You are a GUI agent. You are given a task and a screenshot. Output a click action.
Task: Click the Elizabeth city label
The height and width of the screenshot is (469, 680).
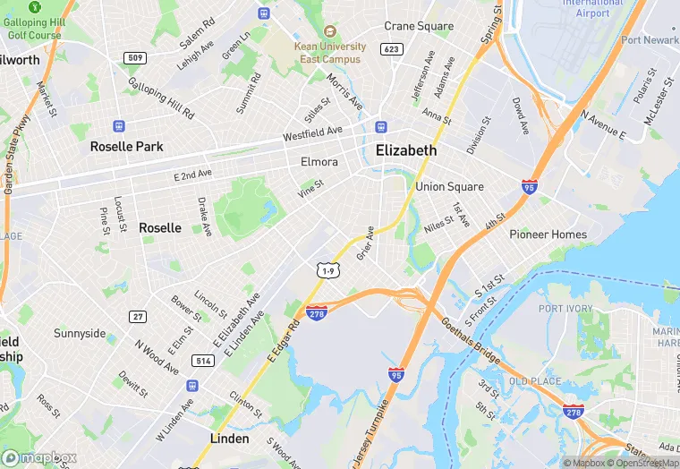click(x=406, y=150)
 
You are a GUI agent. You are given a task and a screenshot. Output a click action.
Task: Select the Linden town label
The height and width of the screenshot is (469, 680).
click(x=229, y=439)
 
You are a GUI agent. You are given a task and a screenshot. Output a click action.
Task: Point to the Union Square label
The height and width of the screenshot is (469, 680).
click(x=449, y=187)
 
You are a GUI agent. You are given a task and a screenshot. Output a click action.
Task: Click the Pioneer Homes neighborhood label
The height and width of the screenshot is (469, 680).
click(x=548, y=234)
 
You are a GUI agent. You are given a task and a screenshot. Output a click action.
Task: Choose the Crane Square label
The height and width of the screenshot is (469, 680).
click(x=419, y=26)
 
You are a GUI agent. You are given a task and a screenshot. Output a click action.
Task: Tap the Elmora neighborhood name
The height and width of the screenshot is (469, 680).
click(x=319, y=163)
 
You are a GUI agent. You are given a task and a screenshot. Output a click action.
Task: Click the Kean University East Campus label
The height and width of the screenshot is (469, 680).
click(x=330, y=53)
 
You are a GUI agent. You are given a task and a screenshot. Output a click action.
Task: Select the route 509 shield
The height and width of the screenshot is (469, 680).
click(x=135, y=58)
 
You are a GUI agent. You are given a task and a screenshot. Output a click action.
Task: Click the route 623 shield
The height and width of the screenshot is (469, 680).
click(x=390, y=49)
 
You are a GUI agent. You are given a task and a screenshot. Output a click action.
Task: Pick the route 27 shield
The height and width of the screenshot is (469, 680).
click(x=137, y=316)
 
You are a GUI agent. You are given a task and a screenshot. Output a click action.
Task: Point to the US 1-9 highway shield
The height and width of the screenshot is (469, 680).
click(x=327, y=269)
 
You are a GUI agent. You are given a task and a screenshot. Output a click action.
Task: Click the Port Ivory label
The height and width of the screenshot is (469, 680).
click(x=565, y=309)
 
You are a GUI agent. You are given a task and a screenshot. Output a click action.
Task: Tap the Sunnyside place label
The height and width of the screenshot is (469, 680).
click(x=80, y=334)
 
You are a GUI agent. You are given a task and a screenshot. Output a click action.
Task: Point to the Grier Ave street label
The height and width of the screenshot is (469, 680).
click(x=365, y=243)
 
